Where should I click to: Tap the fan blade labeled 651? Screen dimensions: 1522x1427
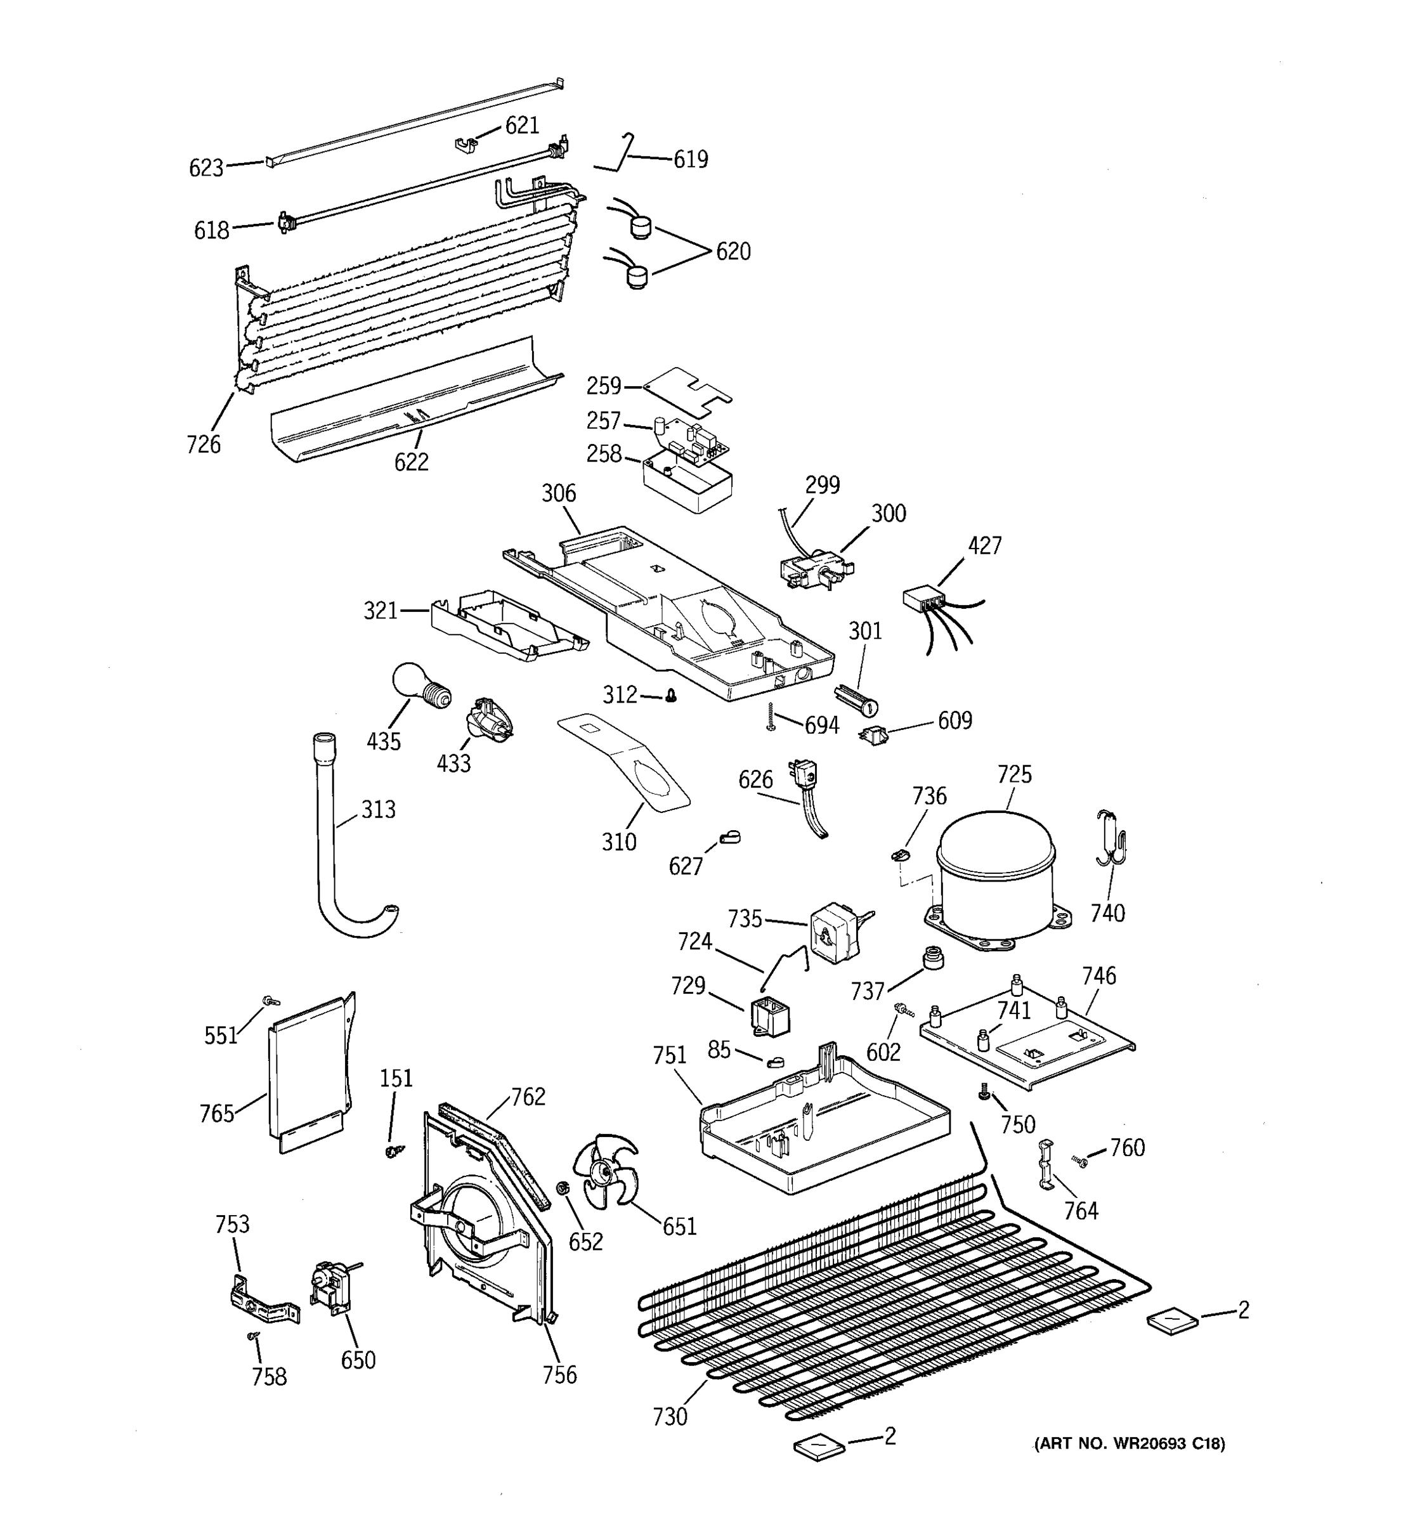click(609, 1171)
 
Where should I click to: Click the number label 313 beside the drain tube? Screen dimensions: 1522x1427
click(378, 809)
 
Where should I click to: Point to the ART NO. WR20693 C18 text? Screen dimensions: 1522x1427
click(1129, 1444)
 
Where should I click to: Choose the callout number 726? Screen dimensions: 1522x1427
click(203, 444)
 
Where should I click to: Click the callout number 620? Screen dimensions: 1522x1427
click(733, 251)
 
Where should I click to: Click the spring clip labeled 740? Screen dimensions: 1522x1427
click(1111, 838)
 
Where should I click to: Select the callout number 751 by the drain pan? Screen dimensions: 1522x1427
click(669, 1055)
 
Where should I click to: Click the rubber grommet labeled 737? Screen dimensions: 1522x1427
click(932, 957)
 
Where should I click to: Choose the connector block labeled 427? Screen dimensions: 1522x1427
click(923, 598)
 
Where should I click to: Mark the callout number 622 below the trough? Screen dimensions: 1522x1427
click(411, 462)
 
